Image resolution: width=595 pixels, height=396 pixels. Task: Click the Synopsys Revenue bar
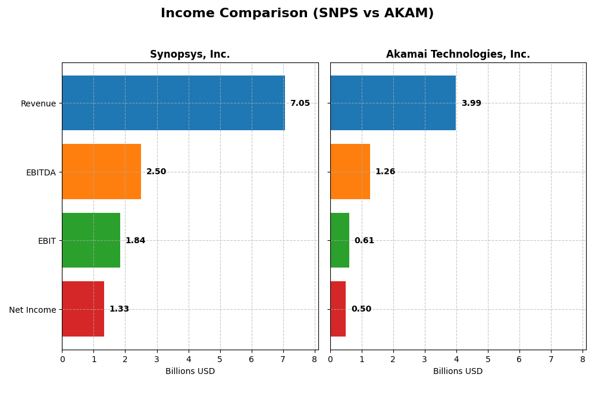tap(173, 103)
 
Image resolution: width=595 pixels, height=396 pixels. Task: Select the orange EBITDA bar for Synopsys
tap(101, 172)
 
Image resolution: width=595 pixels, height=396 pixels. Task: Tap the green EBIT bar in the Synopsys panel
tap(91, 240)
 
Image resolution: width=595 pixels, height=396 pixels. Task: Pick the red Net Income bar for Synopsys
tap(83, 309)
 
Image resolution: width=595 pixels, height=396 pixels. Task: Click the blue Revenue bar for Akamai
tap(393, 103)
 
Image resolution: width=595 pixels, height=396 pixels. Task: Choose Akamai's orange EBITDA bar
tap(350, 172)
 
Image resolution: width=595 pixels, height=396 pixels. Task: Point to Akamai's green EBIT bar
tap(340, 240)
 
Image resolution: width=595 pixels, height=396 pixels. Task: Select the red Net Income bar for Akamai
tap(338, 309)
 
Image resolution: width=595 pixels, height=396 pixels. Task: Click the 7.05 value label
tap(300, 103)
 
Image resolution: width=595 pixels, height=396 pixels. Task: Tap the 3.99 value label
tap(471, 103)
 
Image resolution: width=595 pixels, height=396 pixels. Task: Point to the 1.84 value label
tap(135, 241)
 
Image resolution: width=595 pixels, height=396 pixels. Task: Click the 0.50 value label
tap(361, 309)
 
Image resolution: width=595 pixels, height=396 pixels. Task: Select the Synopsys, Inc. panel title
tap(190, 55)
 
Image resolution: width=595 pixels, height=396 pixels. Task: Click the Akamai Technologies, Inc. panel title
tap(458, 55)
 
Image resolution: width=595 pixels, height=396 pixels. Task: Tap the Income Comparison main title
tap(297, 14)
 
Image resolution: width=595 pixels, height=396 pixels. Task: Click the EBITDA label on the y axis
tap(40, 172)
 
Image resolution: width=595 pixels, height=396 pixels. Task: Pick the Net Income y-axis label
tap(33, 310)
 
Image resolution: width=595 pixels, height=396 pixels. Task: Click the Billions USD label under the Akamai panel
tap(458, 372)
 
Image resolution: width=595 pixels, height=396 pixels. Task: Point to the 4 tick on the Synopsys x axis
tap(189, 359)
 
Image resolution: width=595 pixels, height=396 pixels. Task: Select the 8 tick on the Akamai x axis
tap(583, 359)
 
